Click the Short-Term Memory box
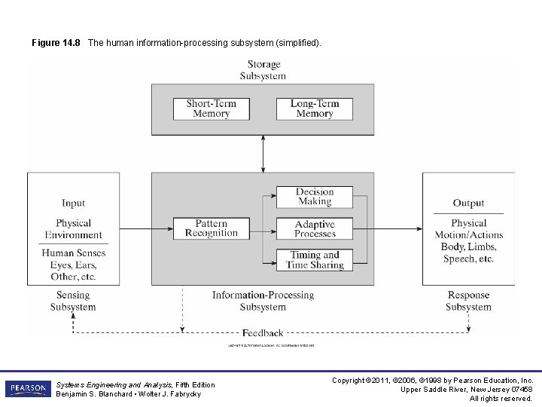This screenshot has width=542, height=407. pyautogui.click(x=211, y=109)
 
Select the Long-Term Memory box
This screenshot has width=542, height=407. pyautogui.click(x=315, y=109)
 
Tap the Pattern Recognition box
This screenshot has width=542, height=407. pyautogui.click(x=211, y=228)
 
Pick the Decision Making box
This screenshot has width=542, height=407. pyautogui.click(x=315, y=197)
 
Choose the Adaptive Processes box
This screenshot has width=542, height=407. pyautogui.click(x=315, y=228)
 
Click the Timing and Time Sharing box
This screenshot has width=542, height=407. pyautogui.click(x=315, y=259)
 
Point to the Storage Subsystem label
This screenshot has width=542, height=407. pyautogui.click(x=263, y=70)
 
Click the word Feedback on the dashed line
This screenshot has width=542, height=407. pyautogui.click(x=263, y=332)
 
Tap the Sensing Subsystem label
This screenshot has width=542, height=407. pyautogui.click(x=73, y=301)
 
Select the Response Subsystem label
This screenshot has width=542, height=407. pyautogui.click(x=468, y=301)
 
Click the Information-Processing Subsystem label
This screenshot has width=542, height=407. pyautogui.click(x=263, y=301)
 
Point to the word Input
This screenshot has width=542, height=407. pyautogui.click(x=73, y=203)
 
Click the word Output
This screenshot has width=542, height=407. pyautogui.click(x=468, y=203)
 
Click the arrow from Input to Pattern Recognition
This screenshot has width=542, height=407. pyautogui.click(x=138, y=228)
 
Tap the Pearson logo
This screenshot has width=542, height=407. pyautogui.click(x=28, y=389)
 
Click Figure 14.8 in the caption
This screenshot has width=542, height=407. pyautogui.click(x=56, y=43)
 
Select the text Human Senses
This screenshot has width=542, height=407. pyautogui.click(x=73, y=253)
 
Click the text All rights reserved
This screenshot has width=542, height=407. pyautogui.click(x=501, y=398)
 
